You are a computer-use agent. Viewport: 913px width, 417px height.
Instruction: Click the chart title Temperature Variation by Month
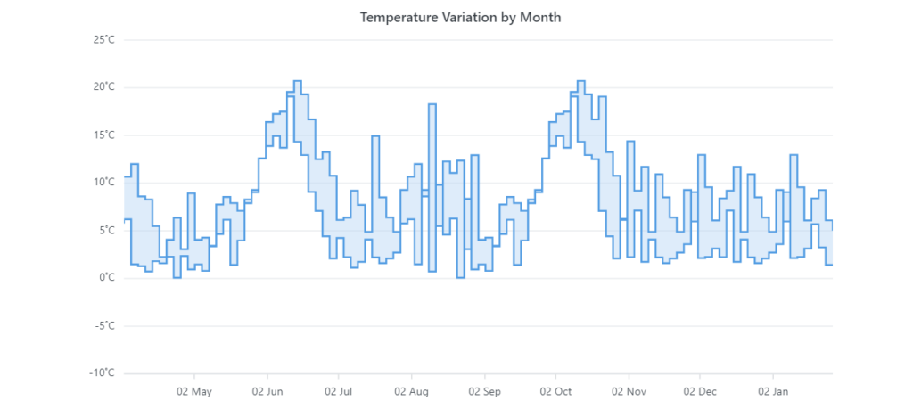pos(460,17)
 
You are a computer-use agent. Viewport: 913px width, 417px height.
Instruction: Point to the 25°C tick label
pos(104,39)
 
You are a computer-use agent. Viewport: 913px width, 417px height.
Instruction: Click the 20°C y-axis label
pos(104,87)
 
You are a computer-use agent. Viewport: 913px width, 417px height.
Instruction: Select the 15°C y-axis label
pos(104,135)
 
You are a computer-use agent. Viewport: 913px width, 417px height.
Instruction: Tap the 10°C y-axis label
pos(104,183)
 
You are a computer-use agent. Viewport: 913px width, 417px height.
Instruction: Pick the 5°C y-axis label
pos(106,230)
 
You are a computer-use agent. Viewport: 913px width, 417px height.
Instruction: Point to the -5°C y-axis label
pos(104,325)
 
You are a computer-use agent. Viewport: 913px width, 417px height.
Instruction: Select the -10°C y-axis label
pos(103,372)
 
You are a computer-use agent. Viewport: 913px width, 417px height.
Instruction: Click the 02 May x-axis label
pos(194,391)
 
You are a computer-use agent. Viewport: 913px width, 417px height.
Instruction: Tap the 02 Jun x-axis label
pos(267,391)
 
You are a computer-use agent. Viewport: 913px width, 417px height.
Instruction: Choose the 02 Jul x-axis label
pos(339,391)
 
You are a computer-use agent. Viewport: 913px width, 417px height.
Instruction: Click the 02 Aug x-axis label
pos(412,391)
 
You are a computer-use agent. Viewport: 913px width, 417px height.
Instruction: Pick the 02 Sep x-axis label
pos(484,391)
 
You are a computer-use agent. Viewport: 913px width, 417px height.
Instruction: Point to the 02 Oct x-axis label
pos(555,391)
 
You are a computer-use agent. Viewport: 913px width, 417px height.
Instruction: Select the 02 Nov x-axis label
pos(629,391)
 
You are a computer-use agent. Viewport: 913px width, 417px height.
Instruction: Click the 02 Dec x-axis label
pos(700,391)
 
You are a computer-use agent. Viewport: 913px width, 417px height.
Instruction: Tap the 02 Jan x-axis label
pos(773,391)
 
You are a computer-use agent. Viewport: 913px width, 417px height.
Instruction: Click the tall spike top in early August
pos(432,105)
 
